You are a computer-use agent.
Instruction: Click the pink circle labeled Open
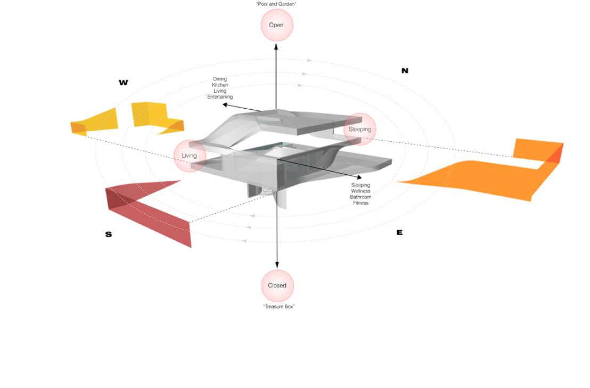(x=276, y=25)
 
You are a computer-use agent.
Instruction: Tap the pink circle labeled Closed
(x=277, y=286)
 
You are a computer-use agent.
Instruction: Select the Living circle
(x=189, y=156)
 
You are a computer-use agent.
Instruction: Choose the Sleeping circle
(x=360, y=129)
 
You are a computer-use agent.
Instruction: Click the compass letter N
(x=405, y=70)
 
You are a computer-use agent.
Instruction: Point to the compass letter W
(x=124, y=83)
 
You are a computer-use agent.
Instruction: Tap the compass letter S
(x=109, y=235)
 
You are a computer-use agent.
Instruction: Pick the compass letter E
(x=399, y=232)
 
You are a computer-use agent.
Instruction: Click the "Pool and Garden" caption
(x=276, y=4)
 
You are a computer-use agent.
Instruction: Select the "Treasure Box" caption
(x=279, y=306)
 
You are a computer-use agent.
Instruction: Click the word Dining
(x=220, y=79)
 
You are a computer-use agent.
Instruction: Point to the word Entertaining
(x=220, y=97)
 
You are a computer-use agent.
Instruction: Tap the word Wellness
(x=360, y=191)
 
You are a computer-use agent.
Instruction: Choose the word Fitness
(x=360, y=203)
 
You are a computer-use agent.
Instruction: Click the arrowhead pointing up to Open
(x=276, y=47)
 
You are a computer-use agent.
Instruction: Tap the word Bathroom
(x=360, y=197)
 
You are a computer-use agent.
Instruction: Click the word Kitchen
(x=220, y=85)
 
